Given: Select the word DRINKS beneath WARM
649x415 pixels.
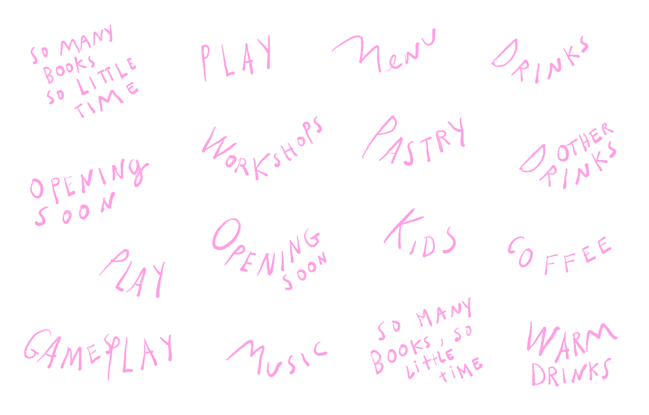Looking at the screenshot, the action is [571, 373].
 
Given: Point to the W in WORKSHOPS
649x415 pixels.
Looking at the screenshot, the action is [218, 143].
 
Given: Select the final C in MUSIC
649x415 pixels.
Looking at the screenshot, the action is [320, 349].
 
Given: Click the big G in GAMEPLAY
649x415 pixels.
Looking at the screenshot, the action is [38, 344].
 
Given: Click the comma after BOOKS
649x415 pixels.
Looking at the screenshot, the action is [442, 343].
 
